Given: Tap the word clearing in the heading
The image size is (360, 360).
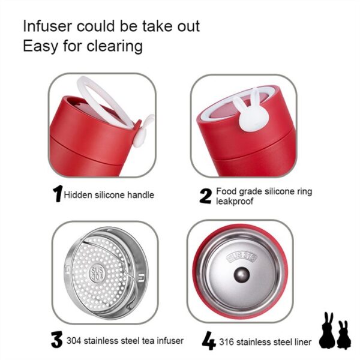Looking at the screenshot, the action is point(115,47).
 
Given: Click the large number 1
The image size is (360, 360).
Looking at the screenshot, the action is point(58,194).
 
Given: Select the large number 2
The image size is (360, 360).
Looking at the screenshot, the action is point(205,196).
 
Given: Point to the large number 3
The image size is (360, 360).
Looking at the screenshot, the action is point(56,340).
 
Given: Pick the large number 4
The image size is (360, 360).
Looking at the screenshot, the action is point(209,340).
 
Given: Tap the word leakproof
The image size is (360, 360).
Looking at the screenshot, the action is point(235,202).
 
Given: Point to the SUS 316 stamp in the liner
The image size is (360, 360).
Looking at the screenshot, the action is point(242,257).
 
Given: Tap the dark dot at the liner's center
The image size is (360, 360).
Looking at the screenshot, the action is point(242,275).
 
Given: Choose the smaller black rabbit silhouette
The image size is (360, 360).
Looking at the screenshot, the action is point(344,335).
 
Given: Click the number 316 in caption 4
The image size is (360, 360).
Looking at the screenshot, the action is point(226,342).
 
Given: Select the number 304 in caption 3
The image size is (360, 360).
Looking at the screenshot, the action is point(74,341).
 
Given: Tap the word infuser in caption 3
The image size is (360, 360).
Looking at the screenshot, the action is point(170,341).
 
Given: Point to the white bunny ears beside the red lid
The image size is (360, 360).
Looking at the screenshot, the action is point(144,131).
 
